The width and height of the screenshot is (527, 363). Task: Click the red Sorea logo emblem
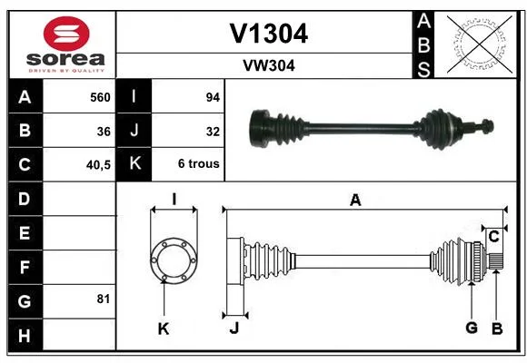tap(66, 34)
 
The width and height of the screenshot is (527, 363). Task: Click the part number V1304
tap(269, 34)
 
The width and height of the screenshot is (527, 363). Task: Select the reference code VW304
tap(269, 65)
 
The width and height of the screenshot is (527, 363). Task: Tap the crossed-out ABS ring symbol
tap(480, 44)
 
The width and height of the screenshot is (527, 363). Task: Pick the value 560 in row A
tap(100, 97)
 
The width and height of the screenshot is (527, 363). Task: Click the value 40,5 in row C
tap(98, 165)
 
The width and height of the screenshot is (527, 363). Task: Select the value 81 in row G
tap(104, 299)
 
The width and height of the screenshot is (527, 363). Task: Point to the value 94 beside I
tap(213, 97)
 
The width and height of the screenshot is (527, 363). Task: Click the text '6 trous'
tap(199, 163)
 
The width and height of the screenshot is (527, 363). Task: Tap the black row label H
tap(25, 335)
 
